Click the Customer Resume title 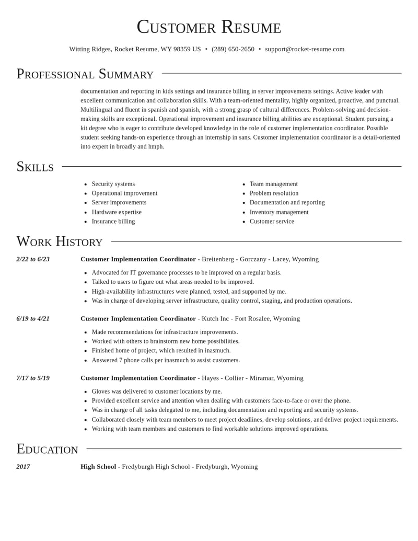209,27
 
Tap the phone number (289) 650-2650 233,49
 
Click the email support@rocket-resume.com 305,49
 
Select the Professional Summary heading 85,74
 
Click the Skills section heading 35,167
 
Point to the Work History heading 59,241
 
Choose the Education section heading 47,449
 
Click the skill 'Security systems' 113,184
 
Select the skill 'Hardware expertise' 117,212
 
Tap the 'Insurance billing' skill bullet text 113,222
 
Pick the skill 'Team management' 273,184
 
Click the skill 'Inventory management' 279,212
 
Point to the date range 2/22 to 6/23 33,259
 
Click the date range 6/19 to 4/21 33,319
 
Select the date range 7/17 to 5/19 33,378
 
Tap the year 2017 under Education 23,467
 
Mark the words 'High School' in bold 98,467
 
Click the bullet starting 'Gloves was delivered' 157,392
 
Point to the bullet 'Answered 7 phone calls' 166,360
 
